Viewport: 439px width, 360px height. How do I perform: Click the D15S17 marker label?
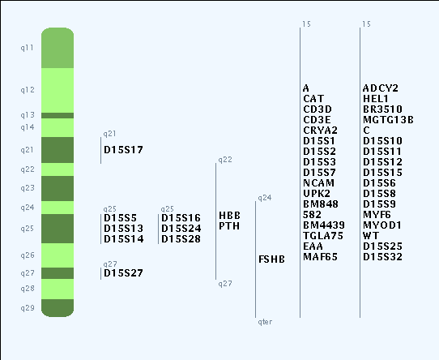click(x=123, y=150)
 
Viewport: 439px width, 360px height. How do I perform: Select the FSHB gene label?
click(x=271, y=259)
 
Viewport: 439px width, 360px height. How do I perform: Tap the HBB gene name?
click(x=229, y=216)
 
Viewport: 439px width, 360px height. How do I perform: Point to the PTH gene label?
click(x=229, y=225)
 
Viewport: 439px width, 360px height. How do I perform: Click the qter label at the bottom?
click(x=265, y=322)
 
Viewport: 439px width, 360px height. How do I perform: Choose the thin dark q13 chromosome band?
click(x=58, y=115)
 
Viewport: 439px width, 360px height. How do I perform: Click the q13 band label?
click(x=28, y=115)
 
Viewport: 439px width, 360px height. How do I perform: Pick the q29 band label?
click(x=28, y=308)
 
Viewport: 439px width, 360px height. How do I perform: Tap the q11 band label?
click(x=28, y=48)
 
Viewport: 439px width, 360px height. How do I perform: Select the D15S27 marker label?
click(x=123, y=272)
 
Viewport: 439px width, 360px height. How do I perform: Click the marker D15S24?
click(x=181, y=228)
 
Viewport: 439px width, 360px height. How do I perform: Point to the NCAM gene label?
click(x=318, y=182)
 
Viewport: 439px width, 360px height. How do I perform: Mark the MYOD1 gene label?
click(x=382, y=225)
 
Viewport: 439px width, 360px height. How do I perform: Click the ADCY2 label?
click(x=381, y=88)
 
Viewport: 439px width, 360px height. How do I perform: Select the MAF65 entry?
click(x=320, y=256)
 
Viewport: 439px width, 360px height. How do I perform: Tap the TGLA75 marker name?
click(x=323, y=235)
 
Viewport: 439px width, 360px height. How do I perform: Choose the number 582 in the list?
click(x=312, y=215)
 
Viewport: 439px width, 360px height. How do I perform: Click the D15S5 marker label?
click(x=121, y=218)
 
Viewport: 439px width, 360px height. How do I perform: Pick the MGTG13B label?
click(x=388, y=120)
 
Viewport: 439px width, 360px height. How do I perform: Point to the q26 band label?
click(x=28, y=255)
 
